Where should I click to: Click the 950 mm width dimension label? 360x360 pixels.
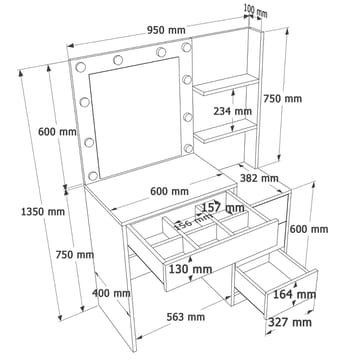(x=166, y=30)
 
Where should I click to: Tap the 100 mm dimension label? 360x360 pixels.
(x=255, y=10)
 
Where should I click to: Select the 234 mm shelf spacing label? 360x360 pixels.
(x=233, y=111)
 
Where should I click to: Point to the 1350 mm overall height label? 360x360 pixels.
(x=43, y=211)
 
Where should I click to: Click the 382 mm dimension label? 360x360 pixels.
(x=259, y=178)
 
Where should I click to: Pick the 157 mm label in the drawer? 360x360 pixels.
(x=224, y=208)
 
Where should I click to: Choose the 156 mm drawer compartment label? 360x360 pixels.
(x=193, y=220)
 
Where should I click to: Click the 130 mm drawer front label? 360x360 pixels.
(x=190, y=269)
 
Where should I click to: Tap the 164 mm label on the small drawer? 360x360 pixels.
(x=295, y=294)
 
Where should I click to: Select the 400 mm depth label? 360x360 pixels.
(x=111, y=293)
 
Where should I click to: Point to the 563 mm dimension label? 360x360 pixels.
(x=186, y=317)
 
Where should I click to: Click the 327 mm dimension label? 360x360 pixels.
(x=290, y=322)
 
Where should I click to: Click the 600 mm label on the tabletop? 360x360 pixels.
(x=169, y=191)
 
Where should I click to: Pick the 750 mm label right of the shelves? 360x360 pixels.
(x=283, y=99)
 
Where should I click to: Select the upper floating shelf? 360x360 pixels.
(x=226, y=84)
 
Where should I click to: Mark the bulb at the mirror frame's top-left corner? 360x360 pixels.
(x=81, y=67)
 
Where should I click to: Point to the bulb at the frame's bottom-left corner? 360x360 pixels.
(x=93, y=176)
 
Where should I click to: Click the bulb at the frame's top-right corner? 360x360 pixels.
(x=186, y=47)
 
